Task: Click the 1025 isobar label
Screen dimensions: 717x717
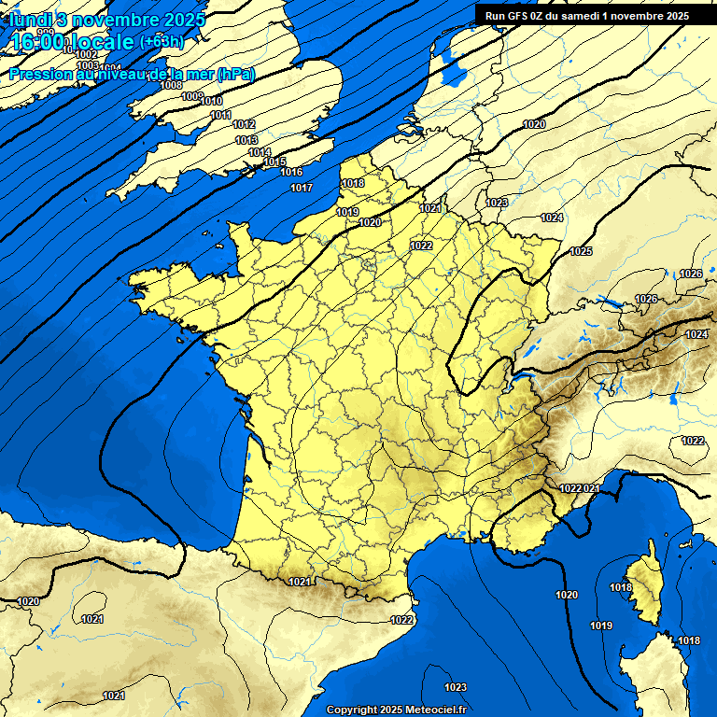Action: pyautogui.click(x=581, y=251)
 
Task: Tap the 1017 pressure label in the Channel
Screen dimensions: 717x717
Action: pyautogui.click(x=301, y=189)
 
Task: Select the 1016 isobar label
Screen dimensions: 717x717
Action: pyautogui.click(x=291, y=173)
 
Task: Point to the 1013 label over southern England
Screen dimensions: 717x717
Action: pyautogui.click(x=246, y=140)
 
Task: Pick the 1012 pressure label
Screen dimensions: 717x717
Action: pyautogui.click(x=244, y=124)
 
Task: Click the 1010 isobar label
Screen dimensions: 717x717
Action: pyautogui.click(x=212, y=101)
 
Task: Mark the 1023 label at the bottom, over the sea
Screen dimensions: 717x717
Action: pyautogui.click(x=456, y=688)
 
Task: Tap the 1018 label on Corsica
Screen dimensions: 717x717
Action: pyautogui.click(x=621, y=587)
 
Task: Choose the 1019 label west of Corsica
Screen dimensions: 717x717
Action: pyautogui.click(x=601, y=626)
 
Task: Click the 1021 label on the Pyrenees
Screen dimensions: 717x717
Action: pyautogui.click(x=300, y=582)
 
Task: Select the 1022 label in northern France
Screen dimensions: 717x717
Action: pyautogui.click(x=421, y=246)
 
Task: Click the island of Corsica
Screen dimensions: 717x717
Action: pyautogui.click(x=644, y=588)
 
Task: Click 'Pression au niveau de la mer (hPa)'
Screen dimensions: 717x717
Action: pyautogui.click(x=132, y=74)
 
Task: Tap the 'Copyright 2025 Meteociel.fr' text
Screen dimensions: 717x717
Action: pyautogui.click(x=396, y=710)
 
